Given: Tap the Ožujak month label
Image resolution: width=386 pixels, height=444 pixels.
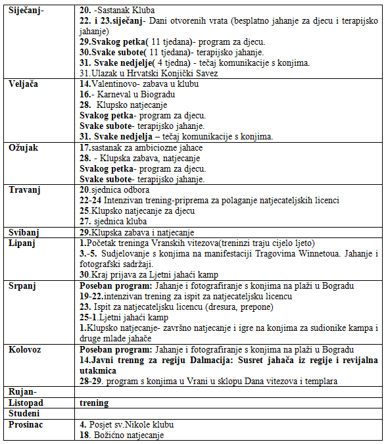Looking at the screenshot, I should [24, 148].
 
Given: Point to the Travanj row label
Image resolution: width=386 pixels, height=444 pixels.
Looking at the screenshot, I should [25, 190].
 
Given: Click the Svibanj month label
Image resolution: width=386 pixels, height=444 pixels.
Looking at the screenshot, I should [25, 233].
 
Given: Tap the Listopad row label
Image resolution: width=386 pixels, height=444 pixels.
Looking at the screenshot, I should [27, 402].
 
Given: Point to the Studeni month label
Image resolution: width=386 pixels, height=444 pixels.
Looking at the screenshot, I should [25, 412].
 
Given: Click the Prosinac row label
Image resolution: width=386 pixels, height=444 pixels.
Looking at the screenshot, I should [27, 424].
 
